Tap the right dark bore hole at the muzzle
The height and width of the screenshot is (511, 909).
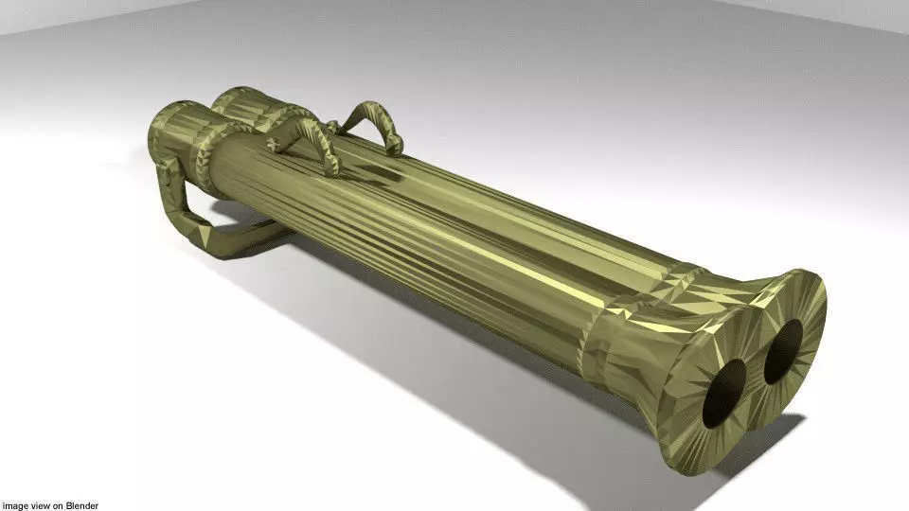(x=783, y=351)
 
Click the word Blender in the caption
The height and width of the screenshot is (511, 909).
(x=83, y=505)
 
